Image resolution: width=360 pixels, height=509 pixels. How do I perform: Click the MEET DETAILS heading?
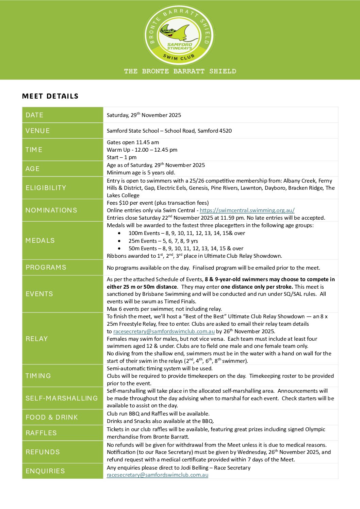[50, 96]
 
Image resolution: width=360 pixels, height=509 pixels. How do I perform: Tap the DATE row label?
[34, 115]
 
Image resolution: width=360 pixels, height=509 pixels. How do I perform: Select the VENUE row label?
[38, 131]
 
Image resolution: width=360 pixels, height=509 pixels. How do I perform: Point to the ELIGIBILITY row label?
[46, 188]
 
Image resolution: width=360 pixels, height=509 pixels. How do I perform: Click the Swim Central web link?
[247, 210]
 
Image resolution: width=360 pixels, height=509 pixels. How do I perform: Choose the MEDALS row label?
[40, 240]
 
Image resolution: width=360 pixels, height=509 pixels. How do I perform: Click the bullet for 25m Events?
[119, 241]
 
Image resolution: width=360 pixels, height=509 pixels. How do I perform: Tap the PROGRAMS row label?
[46, 267]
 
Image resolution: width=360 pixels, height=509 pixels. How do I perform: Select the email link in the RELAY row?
[164, 331]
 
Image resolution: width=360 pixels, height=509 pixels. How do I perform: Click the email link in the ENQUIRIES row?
[158, 475]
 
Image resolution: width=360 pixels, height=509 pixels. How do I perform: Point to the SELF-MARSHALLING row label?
[62, 398]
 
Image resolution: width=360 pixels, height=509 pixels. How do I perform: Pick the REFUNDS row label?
[43, 452]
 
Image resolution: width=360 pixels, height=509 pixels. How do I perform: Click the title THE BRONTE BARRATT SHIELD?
[180, 71]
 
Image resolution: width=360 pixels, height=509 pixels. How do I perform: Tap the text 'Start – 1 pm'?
[121, 157]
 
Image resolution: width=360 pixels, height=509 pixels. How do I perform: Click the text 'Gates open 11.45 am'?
[133, 142]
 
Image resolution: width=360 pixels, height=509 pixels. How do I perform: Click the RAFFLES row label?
[41, 433]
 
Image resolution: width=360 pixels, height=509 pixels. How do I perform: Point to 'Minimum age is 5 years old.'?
[141, 172]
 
